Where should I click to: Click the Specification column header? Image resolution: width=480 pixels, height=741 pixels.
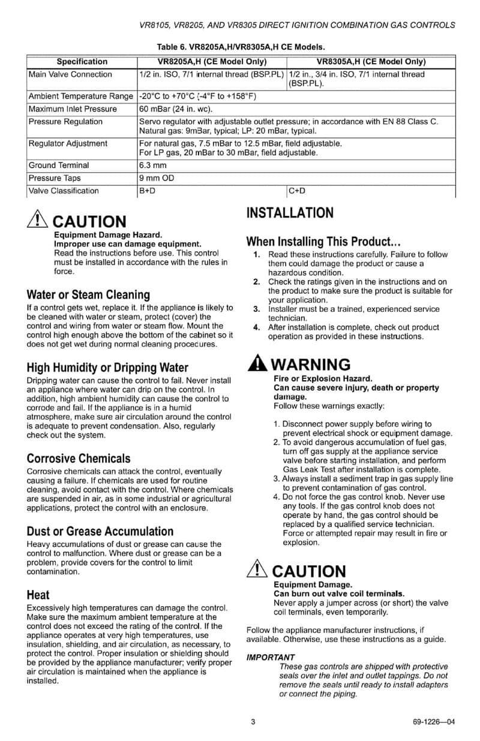coord(82,62)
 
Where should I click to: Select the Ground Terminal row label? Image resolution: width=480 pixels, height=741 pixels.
coord(59,165)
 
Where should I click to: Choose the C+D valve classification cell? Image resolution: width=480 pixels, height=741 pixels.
coord(298,191)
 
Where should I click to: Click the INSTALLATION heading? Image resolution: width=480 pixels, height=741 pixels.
coord(290,213)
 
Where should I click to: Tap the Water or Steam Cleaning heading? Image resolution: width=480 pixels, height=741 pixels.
coord(88,295)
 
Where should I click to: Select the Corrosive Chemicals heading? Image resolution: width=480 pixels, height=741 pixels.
coord(78,459)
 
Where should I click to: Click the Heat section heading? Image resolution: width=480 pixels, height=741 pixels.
coord(38,595)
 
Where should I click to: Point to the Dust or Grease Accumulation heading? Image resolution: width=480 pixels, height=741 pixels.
coord(100,532)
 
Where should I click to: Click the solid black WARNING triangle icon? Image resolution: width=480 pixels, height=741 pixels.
coord(257,364)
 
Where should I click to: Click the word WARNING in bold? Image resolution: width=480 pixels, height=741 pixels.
coord(311,365)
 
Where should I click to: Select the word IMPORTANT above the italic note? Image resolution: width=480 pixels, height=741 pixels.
coord(271,658)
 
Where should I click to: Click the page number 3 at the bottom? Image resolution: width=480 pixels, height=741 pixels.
coord(253,722)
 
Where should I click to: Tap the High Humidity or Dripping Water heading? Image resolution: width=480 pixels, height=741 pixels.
coord(107,368)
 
